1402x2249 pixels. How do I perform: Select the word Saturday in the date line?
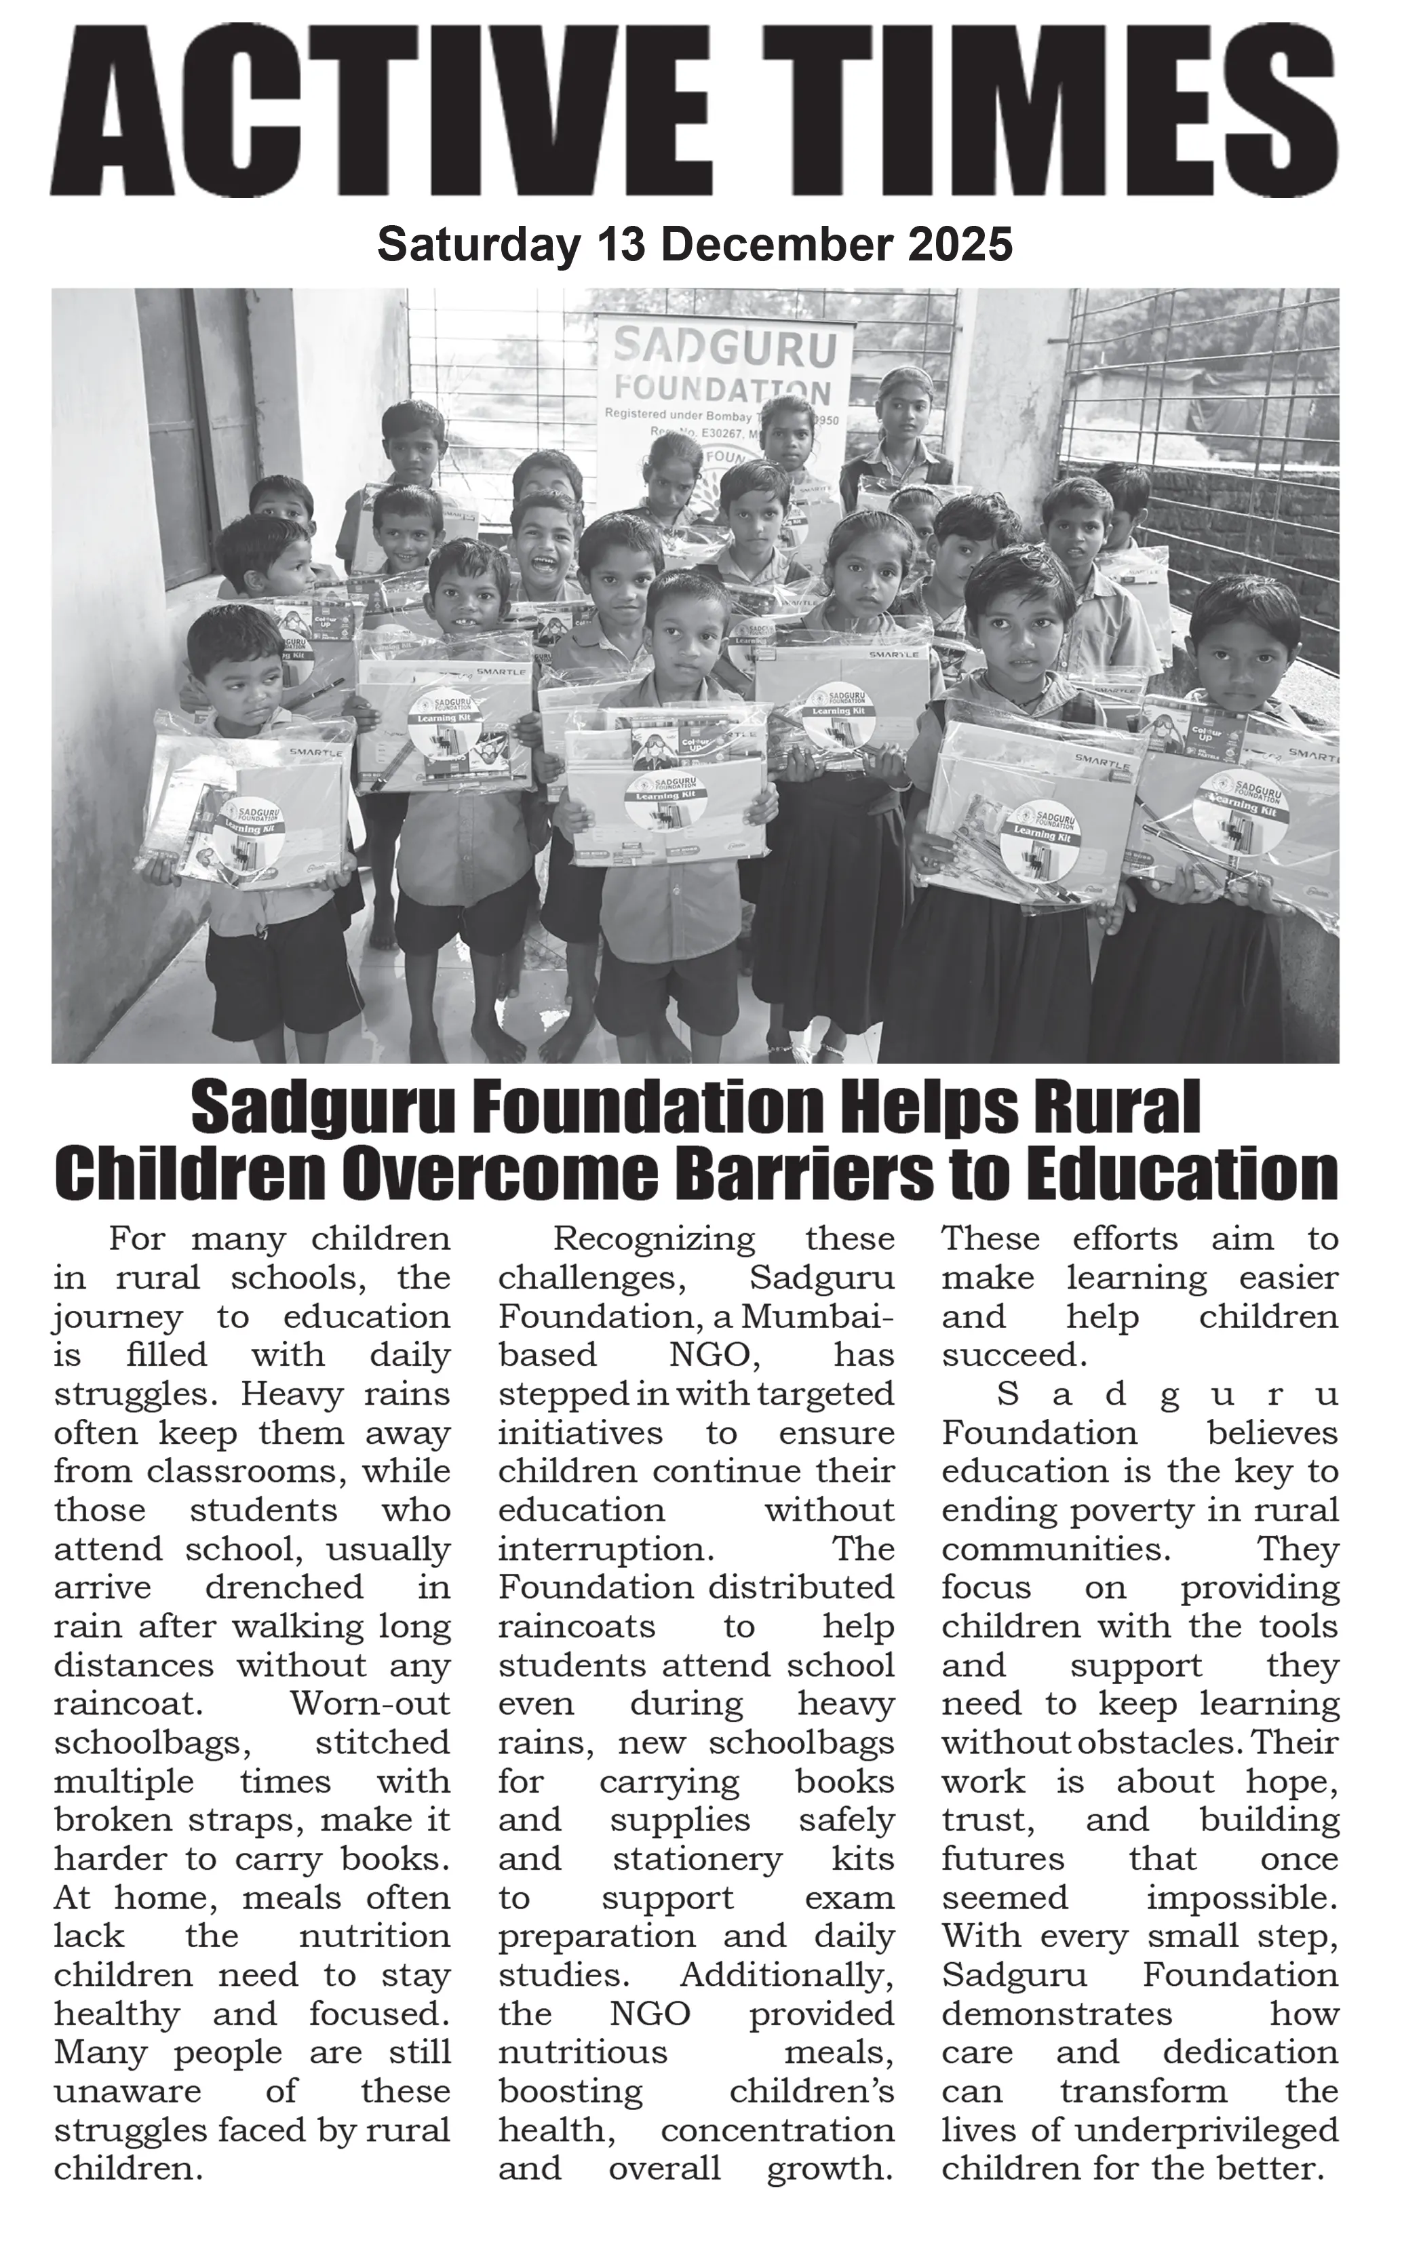[x=478, y=246]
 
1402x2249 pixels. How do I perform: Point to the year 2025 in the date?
[x=960, y=246]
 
